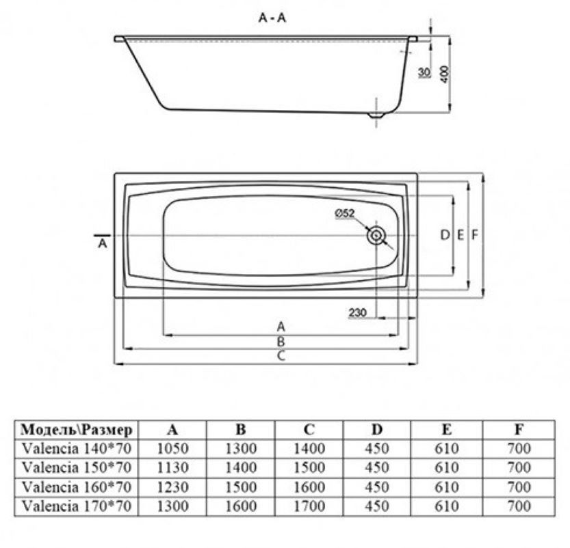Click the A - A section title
pyautogui.click(x=272, y=17)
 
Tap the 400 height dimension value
pyautogui.click(x=445, y=74)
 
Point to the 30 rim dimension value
pyautogui.click(x=424, y=72)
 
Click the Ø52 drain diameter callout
pyautogui.click(x=344, y=213)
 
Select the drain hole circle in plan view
pyautogui.click(x=376, y=236)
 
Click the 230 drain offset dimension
pyautogui.click(x=357, y=312)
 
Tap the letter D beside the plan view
pyautogui.click(x=445, y=235)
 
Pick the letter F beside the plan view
pyautogui.click(x=474, y=235)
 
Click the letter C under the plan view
pyautogui.click(x=281, y=356)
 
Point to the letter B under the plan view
pyautogui.click(x=281, y=342)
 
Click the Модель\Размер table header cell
pyautogui.click(x=77, y=430)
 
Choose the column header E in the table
pyautogui.click(x=446, y=430)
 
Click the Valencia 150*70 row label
pyautogui.click(x=77, y=467)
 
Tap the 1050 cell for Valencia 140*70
pyautogui.click(x=172, y=448)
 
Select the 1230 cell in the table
pyautogui.click(x=172, y=487)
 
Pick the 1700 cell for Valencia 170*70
pyautogui.click(x=309, y=506)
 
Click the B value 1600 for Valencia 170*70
pyautogui.click(x=241, y=506)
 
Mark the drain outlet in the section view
pyautogui.click(x=376, y=115)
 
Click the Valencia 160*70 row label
pyautogui.click(x=77, y=487)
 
